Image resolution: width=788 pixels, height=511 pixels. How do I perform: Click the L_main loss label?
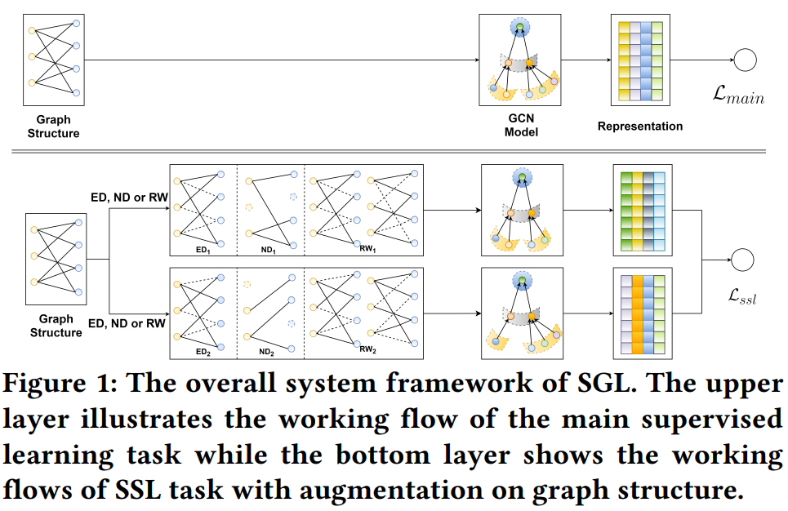tap(737, 97)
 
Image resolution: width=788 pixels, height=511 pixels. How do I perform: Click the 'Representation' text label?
tap(639, 127)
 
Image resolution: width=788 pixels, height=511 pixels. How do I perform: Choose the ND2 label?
tap(267, 352)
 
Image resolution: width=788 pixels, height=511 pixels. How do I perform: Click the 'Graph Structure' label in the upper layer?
tap(53, 126)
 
